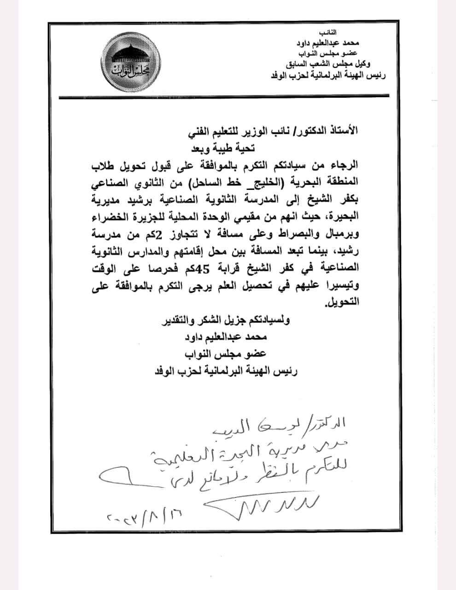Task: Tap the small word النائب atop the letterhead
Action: [327, 33]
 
